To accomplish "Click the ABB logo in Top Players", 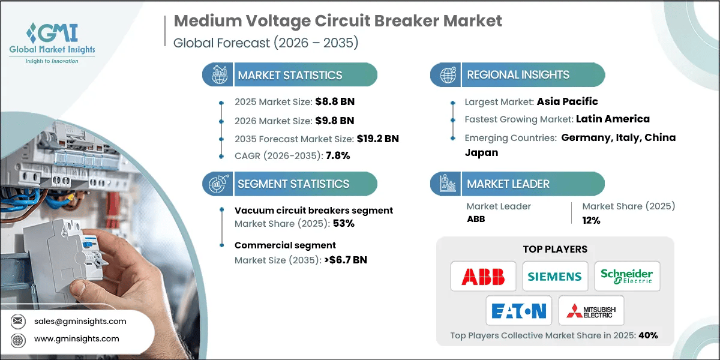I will [x=483, y=277].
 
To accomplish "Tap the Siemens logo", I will [x=554, y=277].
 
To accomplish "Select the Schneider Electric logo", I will [x=627, y=277].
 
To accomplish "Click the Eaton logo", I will [x=518, y=310].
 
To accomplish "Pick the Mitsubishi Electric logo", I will [x=591, y=310].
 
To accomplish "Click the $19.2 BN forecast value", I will [x=377, y=139].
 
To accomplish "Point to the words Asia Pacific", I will [x=567, y=101].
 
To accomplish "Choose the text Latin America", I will [x=613, y=119].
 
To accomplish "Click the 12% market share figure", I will [x=591, y=220].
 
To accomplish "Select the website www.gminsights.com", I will [x=77, y=339].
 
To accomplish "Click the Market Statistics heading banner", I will [x=290, y=75].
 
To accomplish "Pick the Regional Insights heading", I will [x=518, y=75].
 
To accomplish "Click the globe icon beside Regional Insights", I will [x=447, y=75].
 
